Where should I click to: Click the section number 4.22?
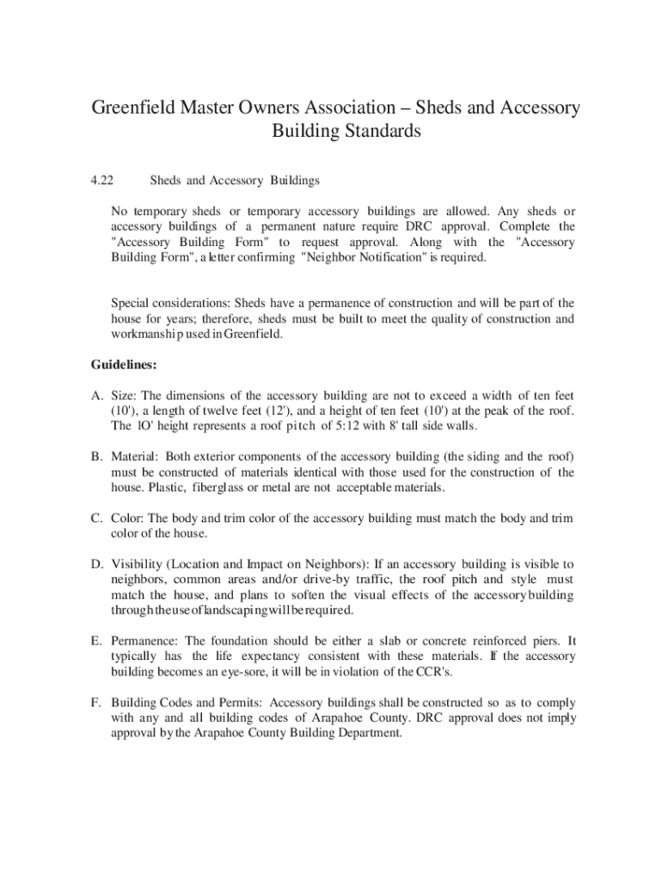102,181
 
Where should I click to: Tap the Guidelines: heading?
124,365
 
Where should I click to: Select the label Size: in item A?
126,396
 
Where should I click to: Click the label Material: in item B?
134,457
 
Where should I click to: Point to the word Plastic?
166,488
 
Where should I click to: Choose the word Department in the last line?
371,734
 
